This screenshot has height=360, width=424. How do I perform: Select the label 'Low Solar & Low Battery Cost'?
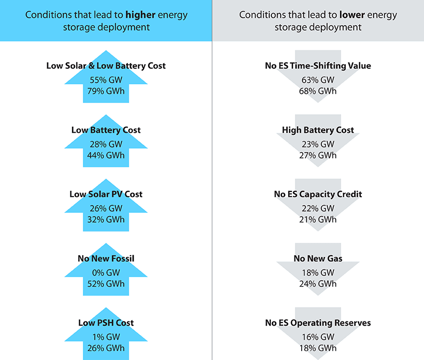pyautogui.click(x=106, y=66)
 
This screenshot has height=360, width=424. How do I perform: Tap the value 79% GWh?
pyautogui.click(x=106, y=91)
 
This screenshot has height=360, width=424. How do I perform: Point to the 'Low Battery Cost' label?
pyautogui.click(x=106, y=130)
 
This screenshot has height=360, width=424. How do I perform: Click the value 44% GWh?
pyautogui.click(x=106, y=155)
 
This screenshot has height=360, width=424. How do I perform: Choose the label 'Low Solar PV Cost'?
pyautogui.click(x=106, y=194)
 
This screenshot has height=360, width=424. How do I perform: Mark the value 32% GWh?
pyautogui.click(x=106, y=220)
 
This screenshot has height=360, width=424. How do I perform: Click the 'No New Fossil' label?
pyautogui.click(x=106, y=259)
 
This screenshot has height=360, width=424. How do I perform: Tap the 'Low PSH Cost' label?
pyautogui.click(x=106, y=323)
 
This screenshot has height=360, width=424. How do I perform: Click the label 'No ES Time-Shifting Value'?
pyautogui.click(x=318, y=66)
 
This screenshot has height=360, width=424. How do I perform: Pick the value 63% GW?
pyautogui.click(x=318, y=80)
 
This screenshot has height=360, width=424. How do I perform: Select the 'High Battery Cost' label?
pyautogui.click(x=318, y=130)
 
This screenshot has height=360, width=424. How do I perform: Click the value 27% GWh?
pyautogui.click(x=318, y=155)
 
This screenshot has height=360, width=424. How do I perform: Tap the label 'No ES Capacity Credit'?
pyautogui.click(x=318, y=194)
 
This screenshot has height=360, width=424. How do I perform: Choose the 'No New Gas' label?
pyautogui.click(x=318, y=259)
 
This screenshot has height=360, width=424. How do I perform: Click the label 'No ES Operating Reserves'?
pyautogui.click(x=318, y=323)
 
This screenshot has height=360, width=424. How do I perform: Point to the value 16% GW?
pyautogui.click(x=318, y=337)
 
